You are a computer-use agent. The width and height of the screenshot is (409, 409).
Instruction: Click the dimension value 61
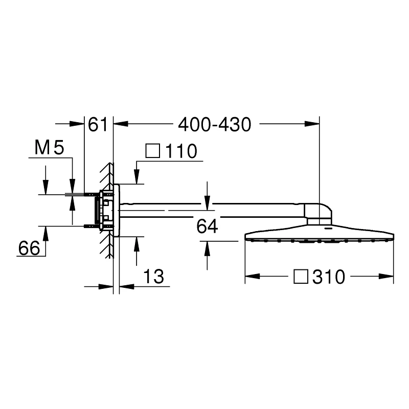tap(98, 124)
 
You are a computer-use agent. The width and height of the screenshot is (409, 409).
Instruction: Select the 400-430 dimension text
tap(215, 124)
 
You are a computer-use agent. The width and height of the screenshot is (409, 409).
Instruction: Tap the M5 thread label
tap(49, 149)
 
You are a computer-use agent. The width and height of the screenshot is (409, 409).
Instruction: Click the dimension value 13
tap(153, 277)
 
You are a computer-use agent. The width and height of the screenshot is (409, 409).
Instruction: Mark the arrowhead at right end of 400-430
tap(312, 124)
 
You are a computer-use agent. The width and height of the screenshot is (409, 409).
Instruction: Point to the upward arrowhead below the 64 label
tap(207, 247)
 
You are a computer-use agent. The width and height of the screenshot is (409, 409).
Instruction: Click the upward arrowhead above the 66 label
tap(46, 232)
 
